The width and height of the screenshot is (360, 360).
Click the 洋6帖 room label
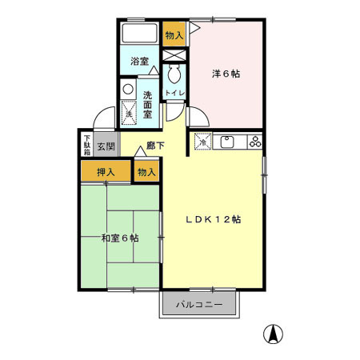point(226,74)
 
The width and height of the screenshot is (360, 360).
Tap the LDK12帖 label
point(214,218)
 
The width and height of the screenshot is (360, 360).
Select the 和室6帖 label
point(120,238)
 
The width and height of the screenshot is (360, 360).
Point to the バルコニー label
point(200,305)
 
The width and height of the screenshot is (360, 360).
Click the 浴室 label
point(139,61)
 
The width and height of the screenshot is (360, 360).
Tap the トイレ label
point(174,94)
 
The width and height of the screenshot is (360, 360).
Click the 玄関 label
point(106,146)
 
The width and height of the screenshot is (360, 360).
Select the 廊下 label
point(155,146)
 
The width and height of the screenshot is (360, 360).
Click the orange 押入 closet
point(106,172)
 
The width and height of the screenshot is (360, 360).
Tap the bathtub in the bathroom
point(141,35)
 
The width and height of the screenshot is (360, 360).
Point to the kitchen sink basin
point(226,142)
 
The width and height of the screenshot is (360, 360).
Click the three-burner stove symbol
point(254,142)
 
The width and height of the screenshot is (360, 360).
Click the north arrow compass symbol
point(274,334)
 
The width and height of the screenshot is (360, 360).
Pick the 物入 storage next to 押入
point(146,172)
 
